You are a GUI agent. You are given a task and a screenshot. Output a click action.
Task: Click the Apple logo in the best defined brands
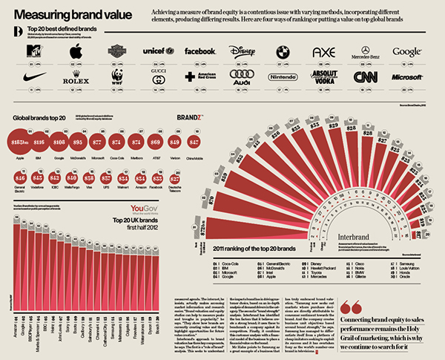tap(75, 52)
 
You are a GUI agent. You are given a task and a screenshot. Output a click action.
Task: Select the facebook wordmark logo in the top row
tap(200, 52)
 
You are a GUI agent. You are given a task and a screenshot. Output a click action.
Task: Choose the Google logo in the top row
tap(407, 52)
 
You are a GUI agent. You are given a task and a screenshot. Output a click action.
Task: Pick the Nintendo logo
tap(282, 76)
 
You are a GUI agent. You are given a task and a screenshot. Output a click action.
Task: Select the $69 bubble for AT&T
tap(155, 140)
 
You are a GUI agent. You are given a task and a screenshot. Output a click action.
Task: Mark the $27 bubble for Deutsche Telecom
tap(175, 178)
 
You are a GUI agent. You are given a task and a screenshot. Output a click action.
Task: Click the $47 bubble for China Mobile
tap(194, 140)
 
